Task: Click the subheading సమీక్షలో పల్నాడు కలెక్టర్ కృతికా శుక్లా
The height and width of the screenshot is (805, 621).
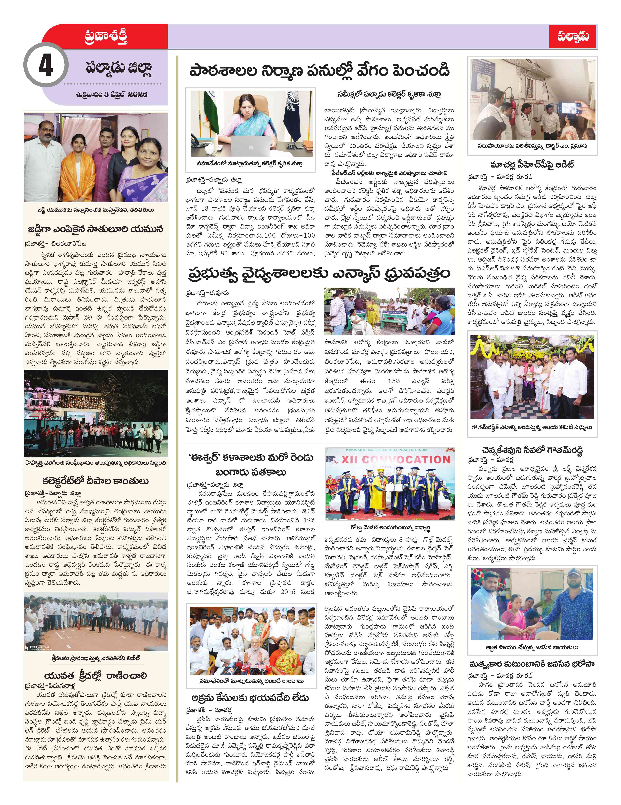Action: pos(389,94)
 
